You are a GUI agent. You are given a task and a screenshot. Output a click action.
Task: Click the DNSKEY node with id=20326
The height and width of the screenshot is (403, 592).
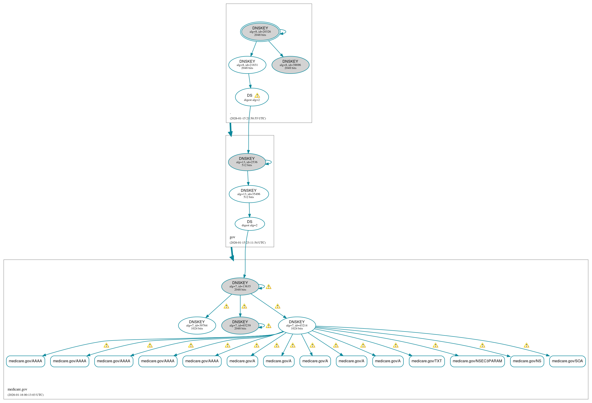tap(260, 32)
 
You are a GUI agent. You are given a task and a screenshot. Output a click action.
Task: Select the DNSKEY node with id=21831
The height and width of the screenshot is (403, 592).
tap(247, 65)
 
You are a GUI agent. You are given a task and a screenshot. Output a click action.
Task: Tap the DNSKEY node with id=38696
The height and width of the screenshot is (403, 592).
tap(290, 65)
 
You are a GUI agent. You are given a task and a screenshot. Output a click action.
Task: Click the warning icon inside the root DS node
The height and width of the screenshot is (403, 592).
tap(257, 96)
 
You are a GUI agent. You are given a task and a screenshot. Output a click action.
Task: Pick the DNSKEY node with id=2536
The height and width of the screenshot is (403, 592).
tap(247, 162)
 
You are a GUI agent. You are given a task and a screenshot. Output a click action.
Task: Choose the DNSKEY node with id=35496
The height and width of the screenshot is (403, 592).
tap(249, 194)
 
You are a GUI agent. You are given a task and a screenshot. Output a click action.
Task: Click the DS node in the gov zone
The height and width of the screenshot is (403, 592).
tap(250, 223)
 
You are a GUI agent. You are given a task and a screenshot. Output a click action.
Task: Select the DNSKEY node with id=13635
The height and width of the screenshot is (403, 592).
tap(240, 286)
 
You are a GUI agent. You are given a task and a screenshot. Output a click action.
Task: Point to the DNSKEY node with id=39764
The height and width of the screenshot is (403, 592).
tap(197, 325)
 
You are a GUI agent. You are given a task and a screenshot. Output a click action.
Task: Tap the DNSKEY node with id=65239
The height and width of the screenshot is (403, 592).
tap(240, 325)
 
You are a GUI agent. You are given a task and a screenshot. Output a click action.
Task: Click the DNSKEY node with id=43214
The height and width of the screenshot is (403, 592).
tap(297, 325)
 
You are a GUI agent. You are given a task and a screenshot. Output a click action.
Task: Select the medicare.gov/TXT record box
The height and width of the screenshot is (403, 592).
tap(426, 361)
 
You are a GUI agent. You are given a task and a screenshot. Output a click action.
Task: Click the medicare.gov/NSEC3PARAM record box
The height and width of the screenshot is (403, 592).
tap(477, 361)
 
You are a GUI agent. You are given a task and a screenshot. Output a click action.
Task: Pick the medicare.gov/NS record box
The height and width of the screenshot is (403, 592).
tap(527, 361)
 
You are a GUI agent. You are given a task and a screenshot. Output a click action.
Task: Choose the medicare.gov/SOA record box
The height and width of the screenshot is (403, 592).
tap(567, 361)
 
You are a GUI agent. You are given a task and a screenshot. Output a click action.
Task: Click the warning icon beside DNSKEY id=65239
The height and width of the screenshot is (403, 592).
tap(269, 326)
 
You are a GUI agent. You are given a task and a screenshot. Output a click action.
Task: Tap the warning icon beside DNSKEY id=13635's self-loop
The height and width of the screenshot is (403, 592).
tap(269, 287)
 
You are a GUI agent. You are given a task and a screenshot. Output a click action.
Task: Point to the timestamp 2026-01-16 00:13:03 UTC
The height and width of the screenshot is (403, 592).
tap(25, 395)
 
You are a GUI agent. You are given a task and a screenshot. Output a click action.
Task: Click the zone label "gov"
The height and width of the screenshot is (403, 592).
tap(232, 237)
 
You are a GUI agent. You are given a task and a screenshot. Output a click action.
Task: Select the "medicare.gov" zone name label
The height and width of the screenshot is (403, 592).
tap(17, 389)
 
